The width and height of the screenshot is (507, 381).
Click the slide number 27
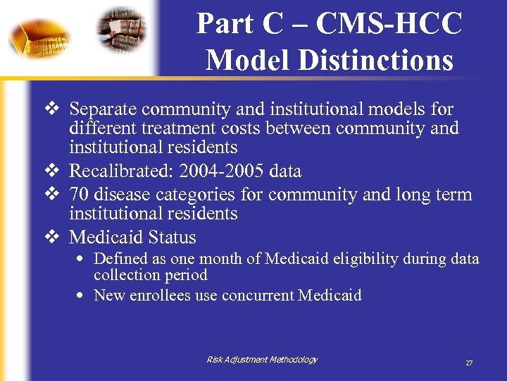[469, 363]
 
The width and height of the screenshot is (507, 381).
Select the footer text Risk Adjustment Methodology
[262, 360]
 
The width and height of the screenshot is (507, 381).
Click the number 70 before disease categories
[78, 194]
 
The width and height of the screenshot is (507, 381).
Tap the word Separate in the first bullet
[102, 109]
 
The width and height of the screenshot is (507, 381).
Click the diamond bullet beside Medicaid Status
[51, 237]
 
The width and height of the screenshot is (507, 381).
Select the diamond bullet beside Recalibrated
[51, 171]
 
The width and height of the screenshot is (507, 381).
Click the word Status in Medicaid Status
[171, 237]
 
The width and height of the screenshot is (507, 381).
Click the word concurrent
[258, 295]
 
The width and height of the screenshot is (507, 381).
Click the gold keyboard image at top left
[39, 35]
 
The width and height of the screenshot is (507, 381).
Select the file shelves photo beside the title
[123, 30]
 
